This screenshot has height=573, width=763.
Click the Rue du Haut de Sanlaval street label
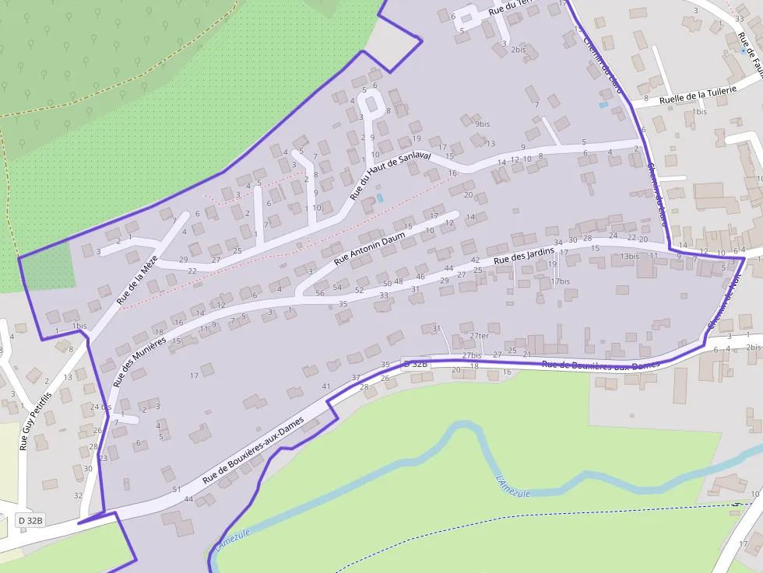point(390,175)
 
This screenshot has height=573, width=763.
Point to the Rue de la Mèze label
point(138,278)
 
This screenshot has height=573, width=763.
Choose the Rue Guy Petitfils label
point(36,421)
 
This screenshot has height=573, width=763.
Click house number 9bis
point(482,124)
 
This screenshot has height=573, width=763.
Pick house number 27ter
point(479,336)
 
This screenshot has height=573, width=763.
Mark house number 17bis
point(561,281)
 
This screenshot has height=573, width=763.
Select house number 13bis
point(629,256)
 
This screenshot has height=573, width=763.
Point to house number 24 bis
point(101,407)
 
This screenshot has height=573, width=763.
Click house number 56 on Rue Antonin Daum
point(319,293)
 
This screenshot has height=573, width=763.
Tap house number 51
point(177,489)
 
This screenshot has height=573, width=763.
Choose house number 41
point(326,386)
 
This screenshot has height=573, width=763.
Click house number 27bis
point(472,355)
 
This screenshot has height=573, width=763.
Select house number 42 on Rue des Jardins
point(476,260)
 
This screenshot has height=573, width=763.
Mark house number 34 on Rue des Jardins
point(558,243)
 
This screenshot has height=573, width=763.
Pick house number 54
point(337,287)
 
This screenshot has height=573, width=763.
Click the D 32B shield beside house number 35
point(415,364)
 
